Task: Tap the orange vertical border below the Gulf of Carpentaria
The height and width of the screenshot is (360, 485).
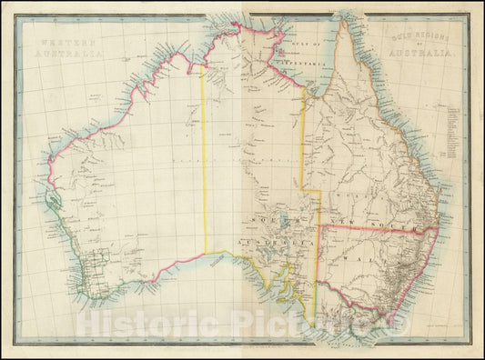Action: [303, 136]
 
